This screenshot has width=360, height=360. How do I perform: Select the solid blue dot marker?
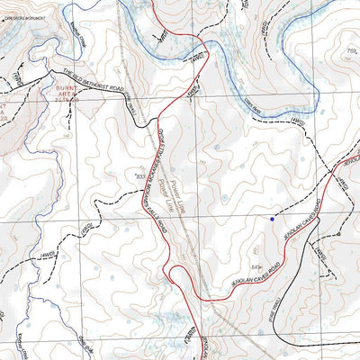tap(273, 218)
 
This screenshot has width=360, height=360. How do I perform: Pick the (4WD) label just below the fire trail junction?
tap(321, 257)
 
